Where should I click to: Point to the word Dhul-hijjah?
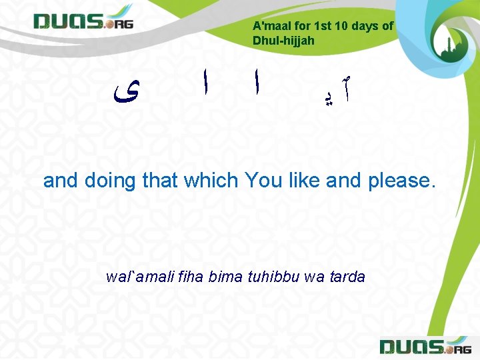pos(283,41)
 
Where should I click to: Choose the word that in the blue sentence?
pos(161,180)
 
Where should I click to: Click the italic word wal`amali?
pos(137,277)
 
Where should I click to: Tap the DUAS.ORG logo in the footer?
pos(424,347)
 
